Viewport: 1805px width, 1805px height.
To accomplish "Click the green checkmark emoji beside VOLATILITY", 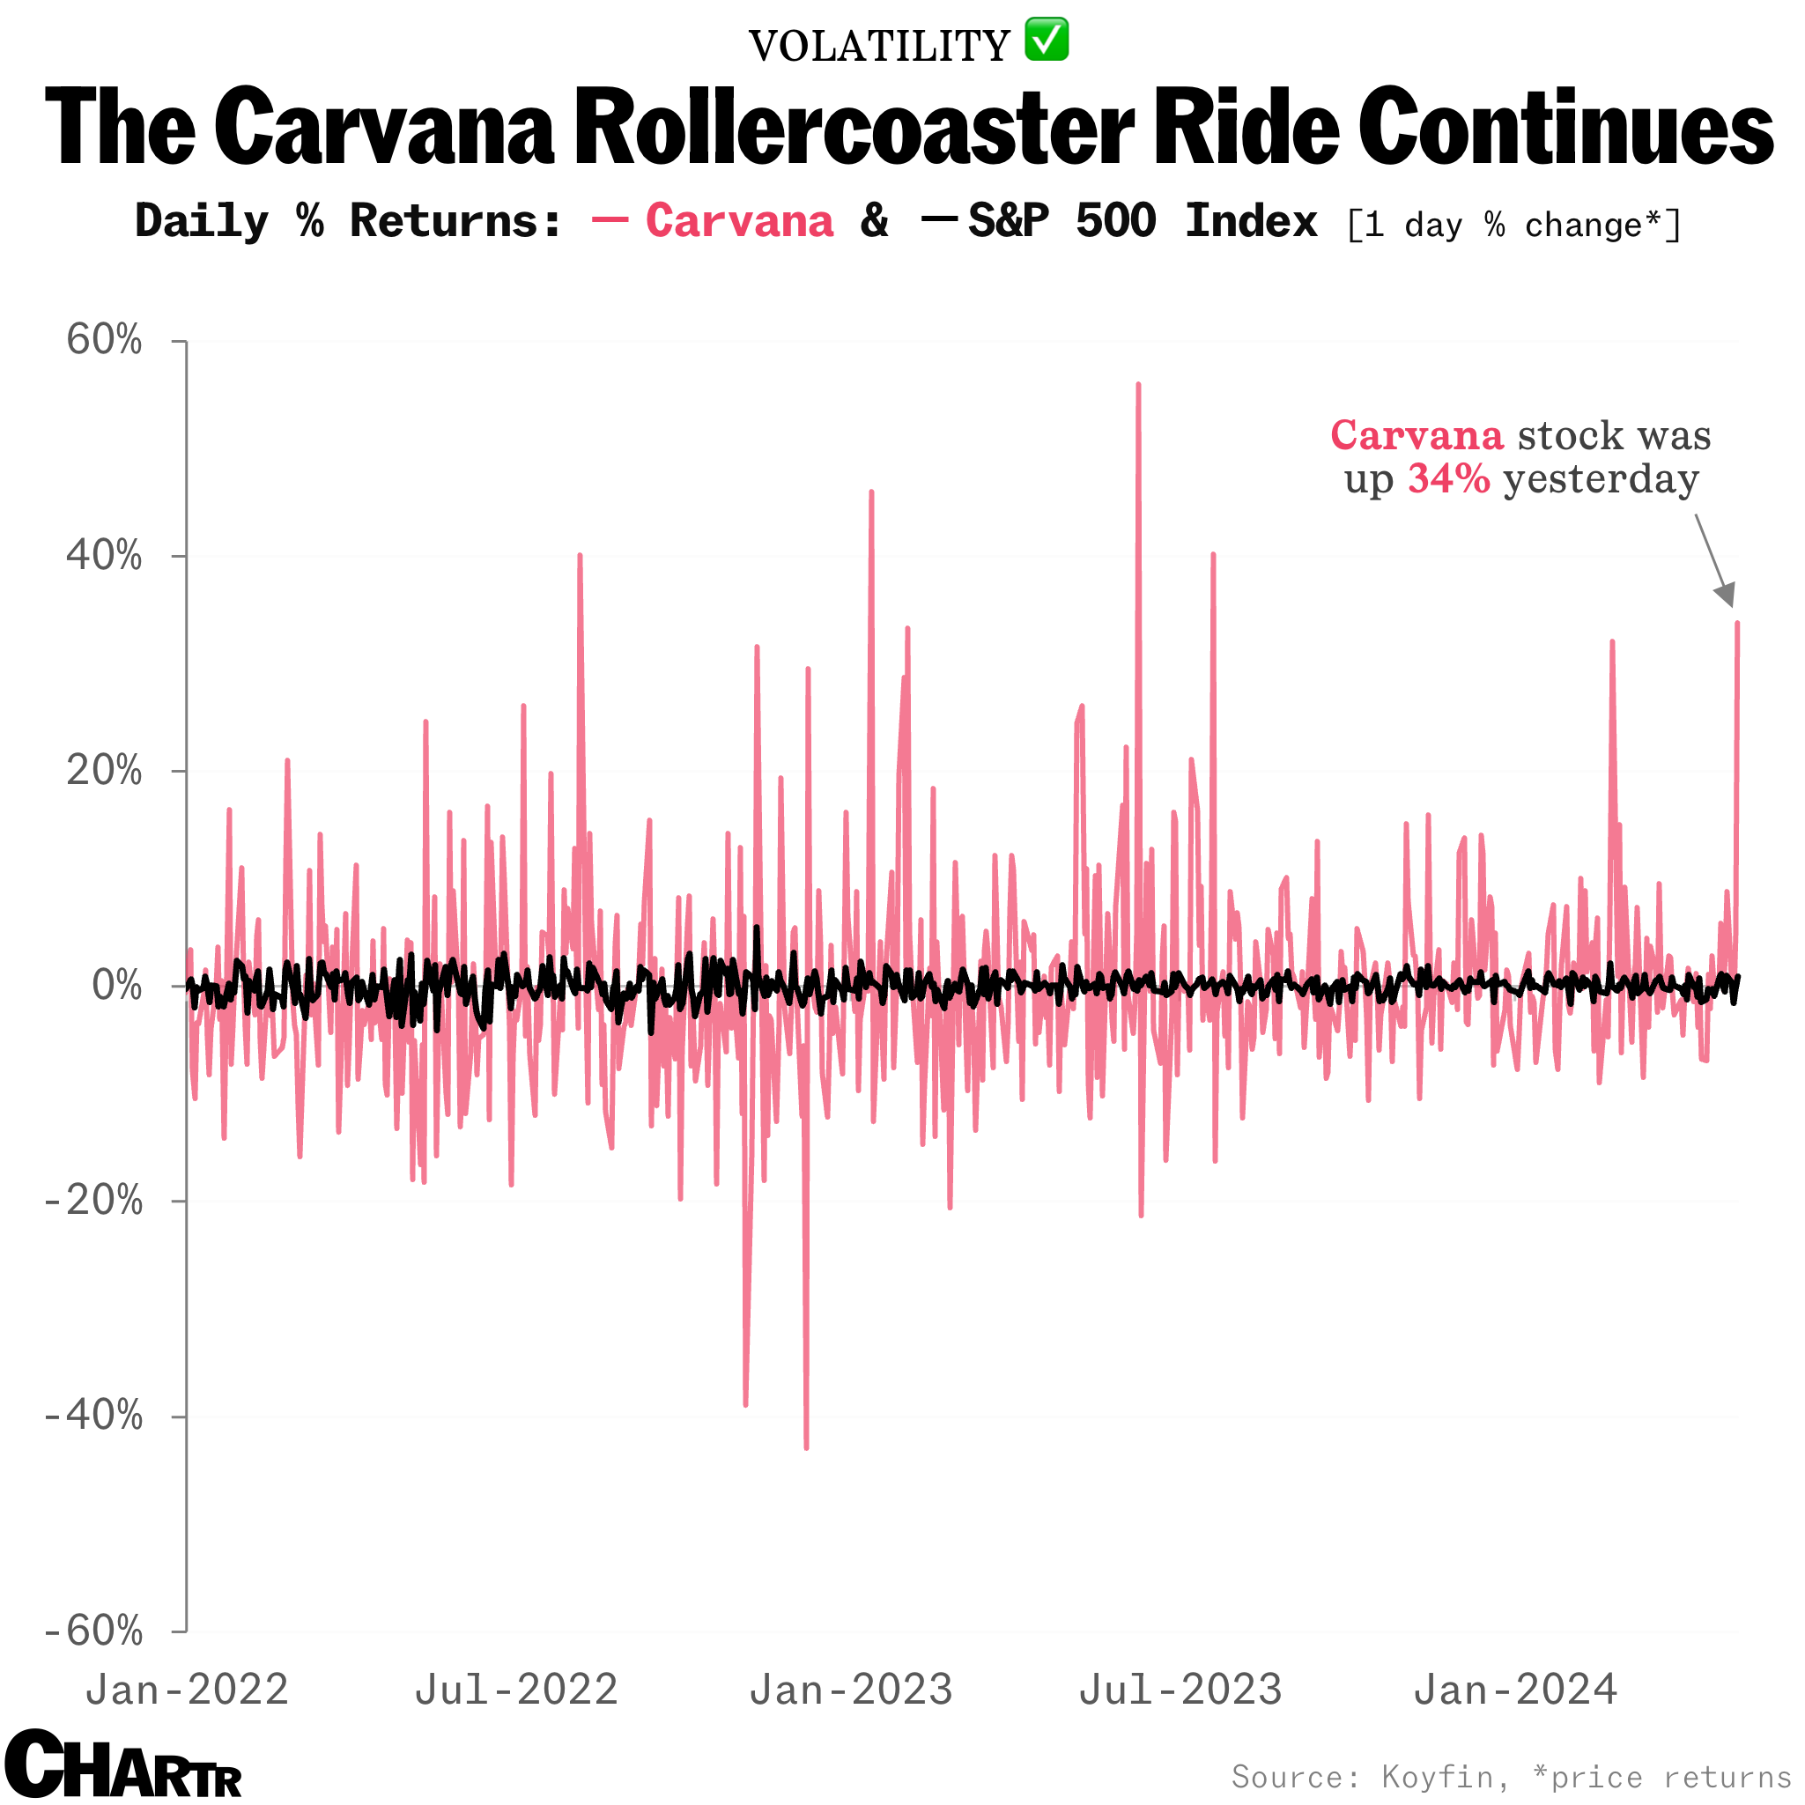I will point(1047,41).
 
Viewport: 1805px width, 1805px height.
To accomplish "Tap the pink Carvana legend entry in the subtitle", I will point(738,221).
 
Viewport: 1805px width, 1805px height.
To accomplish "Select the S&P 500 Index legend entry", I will point(1142,221).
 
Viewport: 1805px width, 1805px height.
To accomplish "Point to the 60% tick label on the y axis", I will point(104,339).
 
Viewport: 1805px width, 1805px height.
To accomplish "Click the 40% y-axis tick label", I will point(104,555).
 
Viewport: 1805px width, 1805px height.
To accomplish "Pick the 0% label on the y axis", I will point(117,986).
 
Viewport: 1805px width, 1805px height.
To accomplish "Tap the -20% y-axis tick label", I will point(94,1201).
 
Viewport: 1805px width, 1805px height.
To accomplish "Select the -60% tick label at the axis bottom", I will point(94,1631).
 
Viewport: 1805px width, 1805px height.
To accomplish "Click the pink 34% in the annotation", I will point(1448,478).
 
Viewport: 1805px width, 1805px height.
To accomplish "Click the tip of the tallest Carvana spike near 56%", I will point(1138,385).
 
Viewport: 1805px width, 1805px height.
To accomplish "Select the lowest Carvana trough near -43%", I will point(806,1446).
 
